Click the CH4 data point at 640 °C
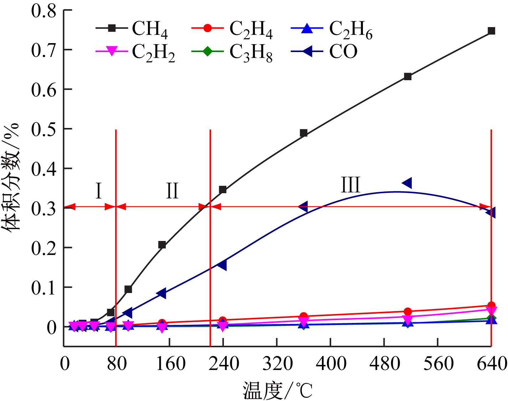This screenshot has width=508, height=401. [x=491, y=31]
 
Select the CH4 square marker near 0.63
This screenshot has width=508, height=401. [x=408, y=77]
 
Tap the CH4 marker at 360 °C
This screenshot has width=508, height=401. [x=304, y=133]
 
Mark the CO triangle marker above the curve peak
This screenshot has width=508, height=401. [x=407, y=183]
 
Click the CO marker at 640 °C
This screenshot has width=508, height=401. [x=491, y=213]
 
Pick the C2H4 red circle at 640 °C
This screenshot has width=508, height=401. [x=491, y=305]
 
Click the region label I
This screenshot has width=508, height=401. [x=99, y=191]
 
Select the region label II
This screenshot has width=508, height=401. [x=172, y=191]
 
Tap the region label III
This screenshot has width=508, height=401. [x=350, y=185]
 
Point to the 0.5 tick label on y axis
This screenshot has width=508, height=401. [x=43, y=129]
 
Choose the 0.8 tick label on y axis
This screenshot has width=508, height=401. [x=43, y=11]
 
